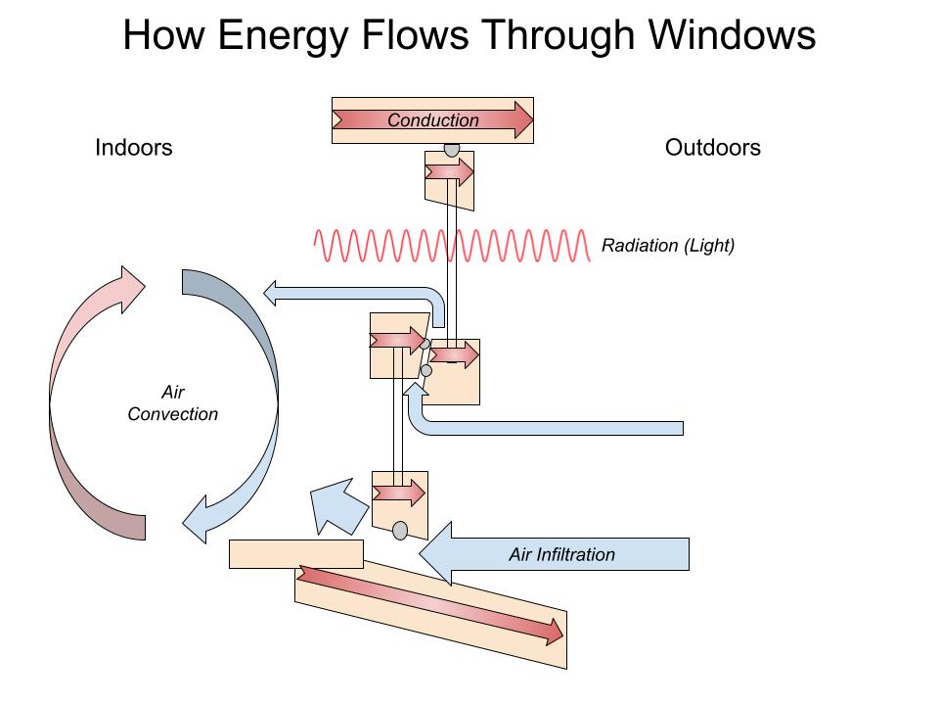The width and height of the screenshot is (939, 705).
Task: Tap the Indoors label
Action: point(134,148)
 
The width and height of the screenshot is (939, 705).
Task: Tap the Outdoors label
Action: point(713,148)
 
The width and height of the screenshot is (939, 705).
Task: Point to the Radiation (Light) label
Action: point(668,246)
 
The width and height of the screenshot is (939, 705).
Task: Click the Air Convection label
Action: point(173,403)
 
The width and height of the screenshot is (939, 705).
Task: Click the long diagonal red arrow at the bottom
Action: point(431,605)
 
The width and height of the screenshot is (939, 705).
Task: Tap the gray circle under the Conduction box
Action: point(451,150)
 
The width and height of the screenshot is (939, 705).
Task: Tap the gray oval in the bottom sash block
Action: point(400,531)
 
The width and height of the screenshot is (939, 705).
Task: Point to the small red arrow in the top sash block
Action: point(449,173)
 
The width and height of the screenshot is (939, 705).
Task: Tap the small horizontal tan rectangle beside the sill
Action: point(295,553)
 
